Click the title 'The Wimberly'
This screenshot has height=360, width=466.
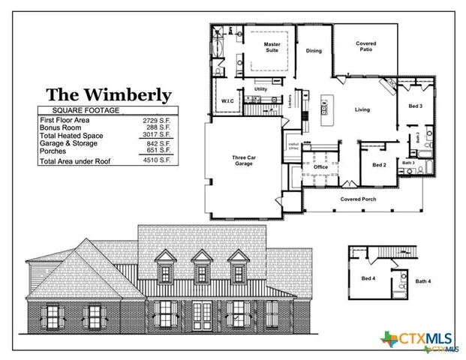click(109, 95)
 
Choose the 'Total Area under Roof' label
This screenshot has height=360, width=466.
click(73, 161)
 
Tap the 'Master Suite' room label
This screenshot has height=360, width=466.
click(272, 47)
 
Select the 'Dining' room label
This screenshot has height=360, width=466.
click(314, 51)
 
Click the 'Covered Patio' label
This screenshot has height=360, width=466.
click(366, 46)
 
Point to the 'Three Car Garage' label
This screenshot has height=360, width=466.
click(243, 160)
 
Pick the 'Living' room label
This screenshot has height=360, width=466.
click(362, 109)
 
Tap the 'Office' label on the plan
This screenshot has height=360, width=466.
click(321, 166)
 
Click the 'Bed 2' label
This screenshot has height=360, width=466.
click(379, 165)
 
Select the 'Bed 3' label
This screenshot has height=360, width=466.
click(415, 106)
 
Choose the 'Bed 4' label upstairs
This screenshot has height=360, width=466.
click(368, 278)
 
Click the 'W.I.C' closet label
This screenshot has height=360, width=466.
click(227, 100)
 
